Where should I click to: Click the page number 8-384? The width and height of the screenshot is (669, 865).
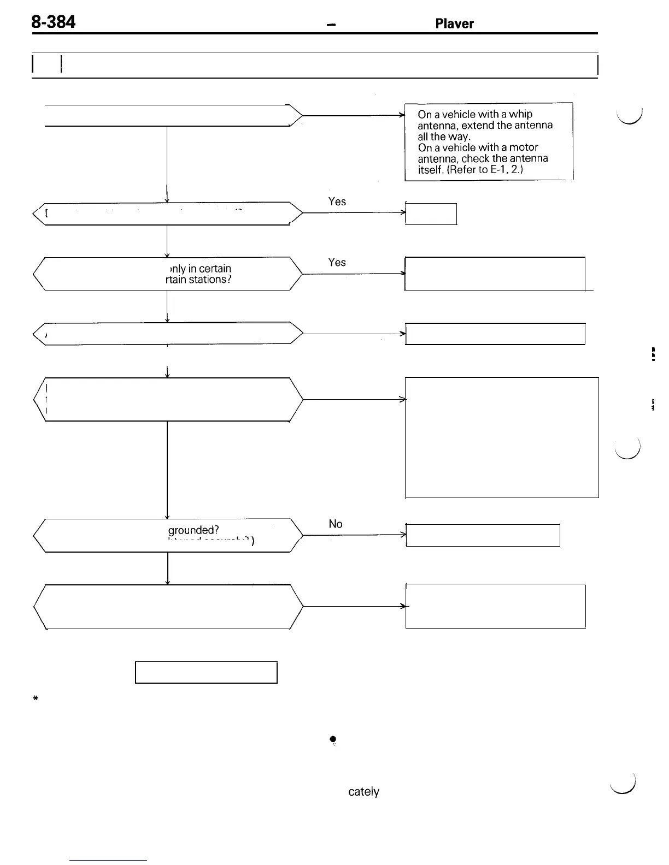[53, 22]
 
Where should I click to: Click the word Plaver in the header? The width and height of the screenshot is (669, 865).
[454, 23]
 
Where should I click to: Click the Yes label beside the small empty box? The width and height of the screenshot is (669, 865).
[337, 202]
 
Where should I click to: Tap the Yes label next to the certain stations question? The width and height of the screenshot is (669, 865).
[337, 262]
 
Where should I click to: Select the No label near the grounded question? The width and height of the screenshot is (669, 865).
[336, 524]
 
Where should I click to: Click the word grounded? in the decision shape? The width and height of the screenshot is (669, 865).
[193, 530]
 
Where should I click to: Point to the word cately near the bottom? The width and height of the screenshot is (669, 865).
[363, 792]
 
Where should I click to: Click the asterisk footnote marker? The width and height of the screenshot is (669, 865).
[34, 698]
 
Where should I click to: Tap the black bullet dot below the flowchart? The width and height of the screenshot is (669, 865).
[332, 739]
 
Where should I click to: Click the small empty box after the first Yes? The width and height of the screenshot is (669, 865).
[431, 214]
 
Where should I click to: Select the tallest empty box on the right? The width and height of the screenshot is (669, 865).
[502, 437]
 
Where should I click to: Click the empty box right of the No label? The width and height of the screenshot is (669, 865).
[483, 535]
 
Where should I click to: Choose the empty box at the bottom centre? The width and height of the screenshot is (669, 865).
[206, 672]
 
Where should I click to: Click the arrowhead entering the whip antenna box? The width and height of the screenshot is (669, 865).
[402, 115]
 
